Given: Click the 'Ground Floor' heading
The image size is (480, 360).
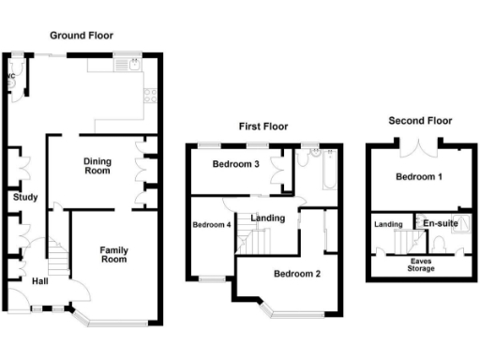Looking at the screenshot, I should pos(82,36).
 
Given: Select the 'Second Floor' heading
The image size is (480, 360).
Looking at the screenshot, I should pos(421,121).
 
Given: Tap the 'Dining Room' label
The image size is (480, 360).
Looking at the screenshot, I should pos(97,166).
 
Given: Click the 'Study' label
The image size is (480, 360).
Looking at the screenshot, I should pos(25,197).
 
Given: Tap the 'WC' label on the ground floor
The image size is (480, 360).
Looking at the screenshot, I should pos(11,75).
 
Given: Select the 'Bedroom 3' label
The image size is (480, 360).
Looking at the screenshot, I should pos(234,165).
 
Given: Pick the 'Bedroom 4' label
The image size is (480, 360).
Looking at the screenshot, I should pos(212,225).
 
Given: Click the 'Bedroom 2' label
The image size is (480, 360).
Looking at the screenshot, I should pos(297,274).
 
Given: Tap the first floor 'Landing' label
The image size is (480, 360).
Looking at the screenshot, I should pos(267,218).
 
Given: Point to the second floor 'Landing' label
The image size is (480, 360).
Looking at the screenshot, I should pos(388,225).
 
